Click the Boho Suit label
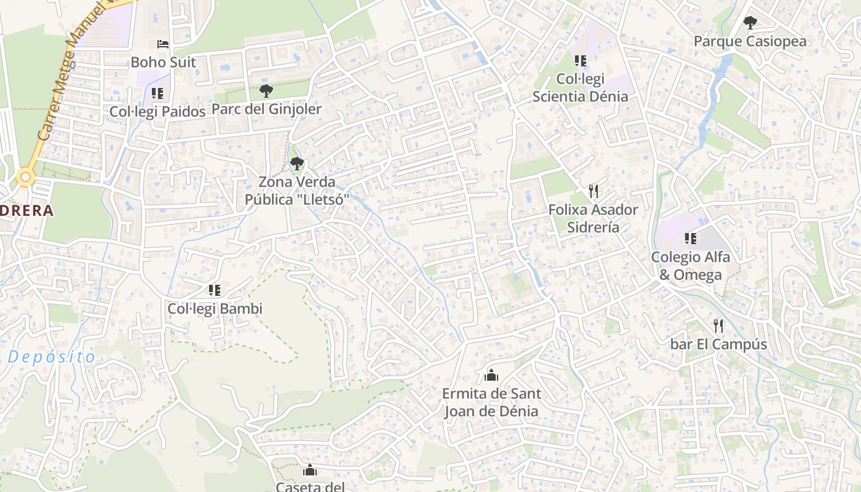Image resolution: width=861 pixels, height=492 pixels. (163, 62)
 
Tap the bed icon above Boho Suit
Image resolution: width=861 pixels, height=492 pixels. (163, 44)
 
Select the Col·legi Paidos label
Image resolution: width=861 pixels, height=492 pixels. (157, 111)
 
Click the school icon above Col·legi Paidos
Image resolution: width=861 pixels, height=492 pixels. (157, 93)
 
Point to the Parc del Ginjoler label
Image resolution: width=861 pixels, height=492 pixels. (266, 109)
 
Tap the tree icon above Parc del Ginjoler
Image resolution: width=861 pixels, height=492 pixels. (266, 91)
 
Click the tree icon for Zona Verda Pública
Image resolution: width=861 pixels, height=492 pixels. (297, 164)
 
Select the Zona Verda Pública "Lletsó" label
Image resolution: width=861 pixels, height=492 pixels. (297, 191)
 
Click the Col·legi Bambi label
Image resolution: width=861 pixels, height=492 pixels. (215, 309)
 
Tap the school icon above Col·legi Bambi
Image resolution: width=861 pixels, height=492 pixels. (214, 290)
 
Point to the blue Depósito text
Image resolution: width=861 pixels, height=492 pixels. (52, 357)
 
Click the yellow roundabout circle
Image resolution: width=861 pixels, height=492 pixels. (25, 178)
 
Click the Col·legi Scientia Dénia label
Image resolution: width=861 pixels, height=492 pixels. (580, 87)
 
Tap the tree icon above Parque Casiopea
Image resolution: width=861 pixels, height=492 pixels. (750, 23)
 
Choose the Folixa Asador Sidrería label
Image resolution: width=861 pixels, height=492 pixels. (593, 218)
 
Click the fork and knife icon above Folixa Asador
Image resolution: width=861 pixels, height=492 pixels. (593, 191)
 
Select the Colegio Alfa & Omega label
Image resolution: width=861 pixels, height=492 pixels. (690, 266)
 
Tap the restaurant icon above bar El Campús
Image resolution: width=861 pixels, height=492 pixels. (718, 325)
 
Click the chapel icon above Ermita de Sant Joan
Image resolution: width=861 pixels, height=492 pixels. (491, 375)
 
